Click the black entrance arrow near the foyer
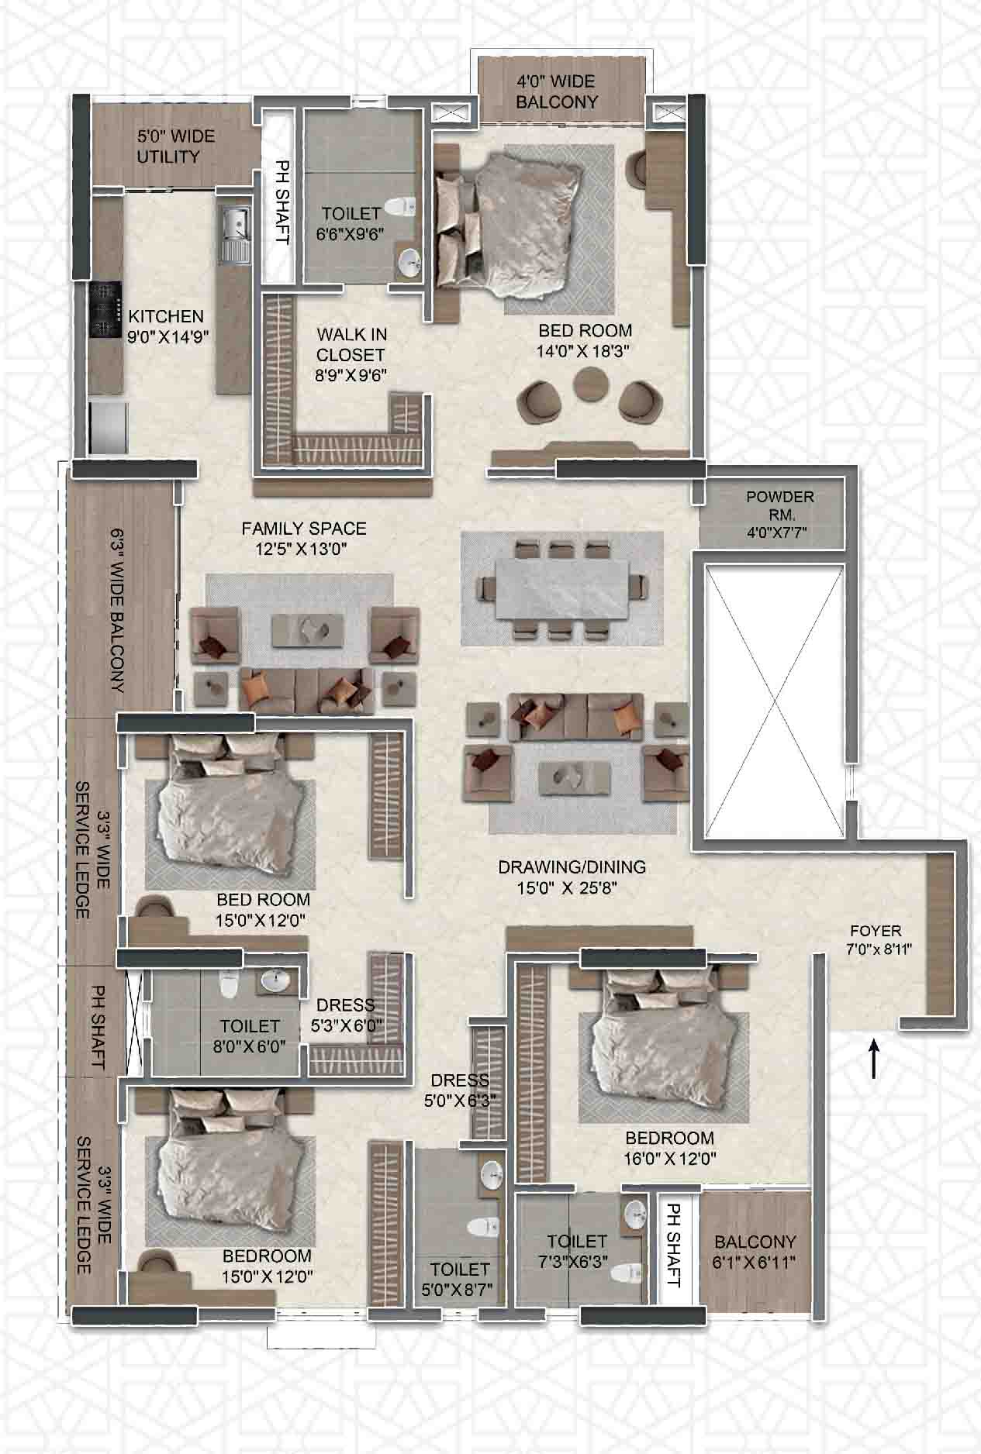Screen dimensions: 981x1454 (874, 1059)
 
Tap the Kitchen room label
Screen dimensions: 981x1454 (166, 316)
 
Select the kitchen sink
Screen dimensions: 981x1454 (234, 233)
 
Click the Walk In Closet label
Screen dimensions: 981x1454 (351, 345)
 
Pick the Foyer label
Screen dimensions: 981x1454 (876, 930)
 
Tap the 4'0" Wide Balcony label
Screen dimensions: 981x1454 (557, 91)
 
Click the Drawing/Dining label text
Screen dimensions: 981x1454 (572, 867)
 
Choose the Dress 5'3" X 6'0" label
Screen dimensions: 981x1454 (346, 1015)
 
